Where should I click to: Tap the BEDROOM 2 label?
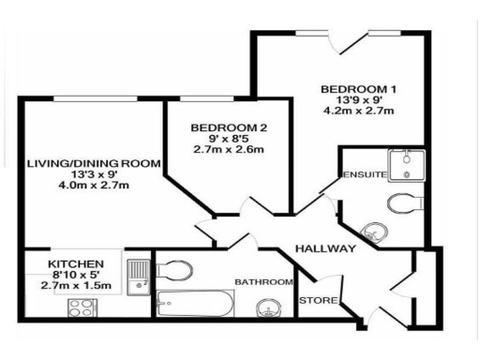tap(222, 127)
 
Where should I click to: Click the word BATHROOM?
tap(263, 281)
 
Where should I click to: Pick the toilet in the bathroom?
tap(174, 271)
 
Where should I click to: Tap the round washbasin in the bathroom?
tap(269, 306)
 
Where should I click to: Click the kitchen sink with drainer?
tap(137, 276)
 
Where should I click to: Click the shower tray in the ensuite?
tap(406, 166)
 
